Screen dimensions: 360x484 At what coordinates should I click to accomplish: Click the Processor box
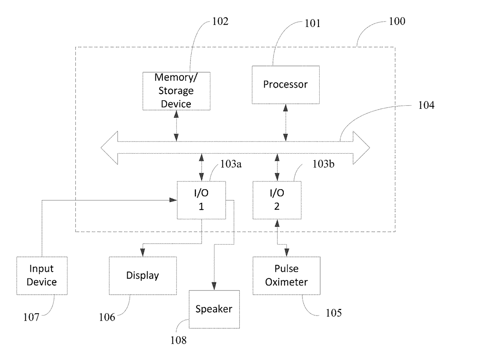(x=285, y=84)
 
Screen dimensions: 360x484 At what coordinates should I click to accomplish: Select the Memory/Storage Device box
(x=176, y=90)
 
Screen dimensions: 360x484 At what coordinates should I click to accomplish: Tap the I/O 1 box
(x=201, y=200)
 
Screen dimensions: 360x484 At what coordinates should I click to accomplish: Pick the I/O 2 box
(x=277, y=200)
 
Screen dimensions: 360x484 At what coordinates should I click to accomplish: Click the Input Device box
(x=42, y=275)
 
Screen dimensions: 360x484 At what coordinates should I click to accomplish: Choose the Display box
(x=142, y=275)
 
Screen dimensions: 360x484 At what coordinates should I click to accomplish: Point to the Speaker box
(x=214, y=309)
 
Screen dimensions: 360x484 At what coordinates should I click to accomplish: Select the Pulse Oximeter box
(x=286, y=275)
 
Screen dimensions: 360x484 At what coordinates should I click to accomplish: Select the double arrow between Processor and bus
(x=286, y=122)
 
